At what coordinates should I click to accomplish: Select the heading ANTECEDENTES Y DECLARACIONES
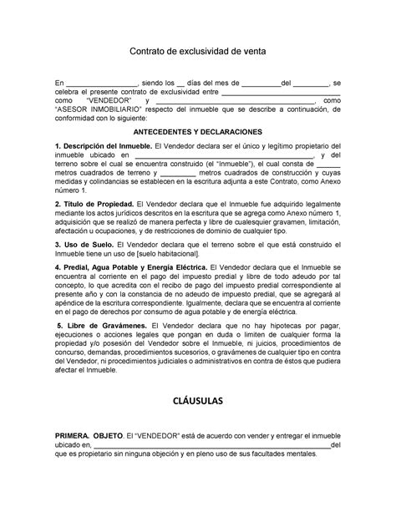click(198, 132)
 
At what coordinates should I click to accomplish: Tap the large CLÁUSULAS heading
click(198, 400)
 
